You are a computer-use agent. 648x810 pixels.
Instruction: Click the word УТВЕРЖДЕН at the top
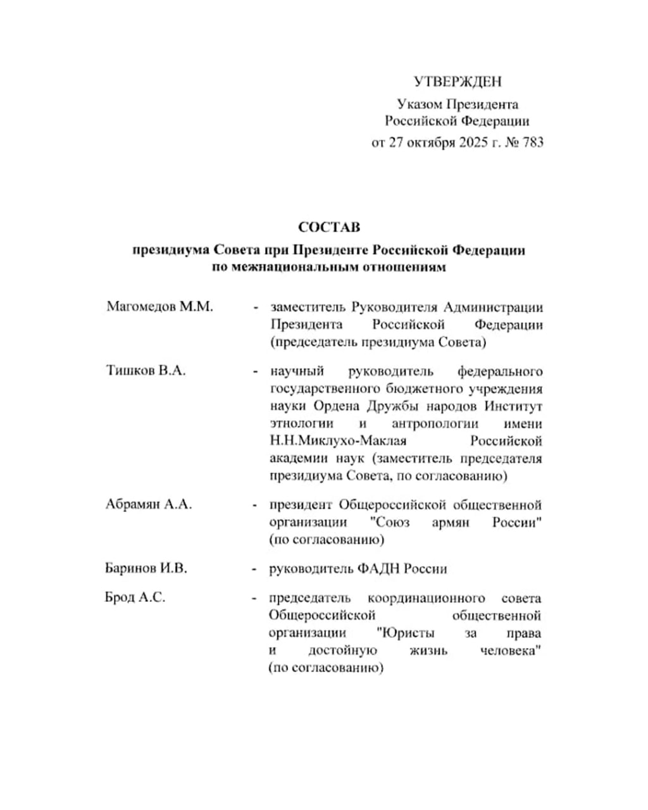click(x=457, y=82)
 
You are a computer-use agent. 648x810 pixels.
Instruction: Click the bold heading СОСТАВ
click(x=328, y=227)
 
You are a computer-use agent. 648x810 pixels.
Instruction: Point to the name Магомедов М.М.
click(x=160, y=307)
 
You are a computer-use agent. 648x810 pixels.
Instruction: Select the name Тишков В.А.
click(x=146, y=371)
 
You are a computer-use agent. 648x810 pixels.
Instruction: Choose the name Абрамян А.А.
click(x=149, y=505)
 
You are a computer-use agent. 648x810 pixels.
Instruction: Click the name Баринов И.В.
click(x=146, y=568)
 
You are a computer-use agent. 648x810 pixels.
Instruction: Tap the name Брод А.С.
click(x=135, y=597)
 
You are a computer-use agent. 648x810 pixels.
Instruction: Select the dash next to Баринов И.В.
click(x=255, y=569)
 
